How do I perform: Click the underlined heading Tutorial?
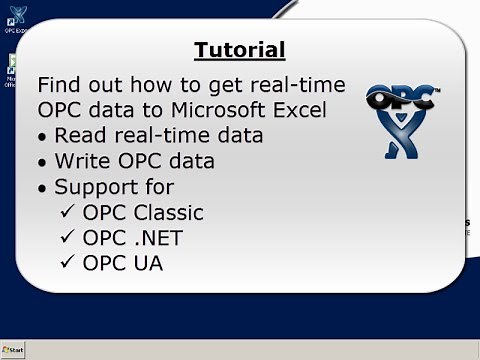(x=239, y=50)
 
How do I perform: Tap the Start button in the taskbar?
(x=14, y=350)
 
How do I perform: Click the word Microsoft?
(x=223, y=109)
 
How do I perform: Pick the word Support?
(x=99, y=187)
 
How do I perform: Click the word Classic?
(x=167, y=212)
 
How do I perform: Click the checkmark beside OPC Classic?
(x=67, y=212)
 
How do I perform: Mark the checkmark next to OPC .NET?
(x=67, y=238)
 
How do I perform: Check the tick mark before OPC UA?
(x=67, y=263)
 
